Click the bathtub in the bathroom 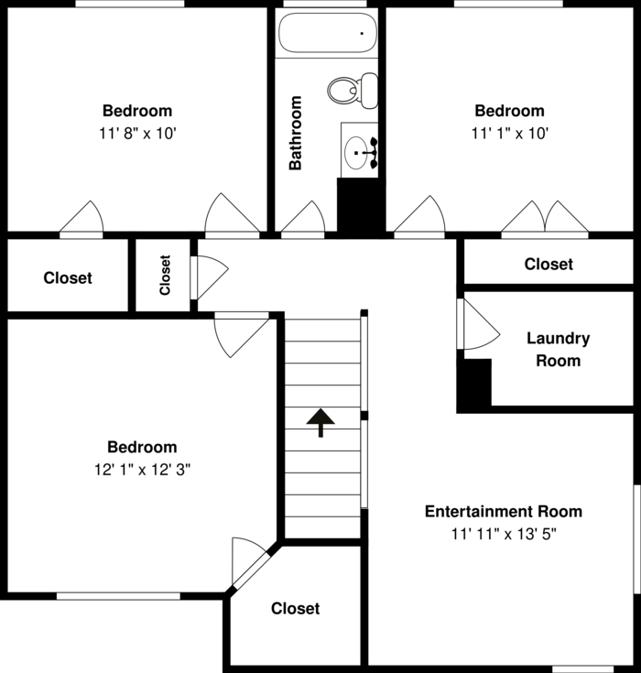tap(328, 33)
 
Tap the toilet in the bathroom tap(353, 91)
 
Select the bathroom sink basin tap(356, 153)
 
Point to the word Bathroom tap(296, 133)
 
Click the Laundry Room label tap(559, 350)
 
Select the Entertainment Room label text tap(504, 511)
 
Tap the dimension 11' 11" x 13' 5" tap(504, 535)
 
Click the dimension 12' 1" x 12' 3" tap(142, 470)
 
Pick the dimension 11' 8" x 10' tap(138, 134)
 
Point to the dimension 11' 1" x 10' tap(510, 134)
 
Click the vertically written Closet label tap(165, 275)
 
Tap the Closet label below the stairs tap(296, 608)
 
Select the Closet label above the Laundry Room tap(549, 264)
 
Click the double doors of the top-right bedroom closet tap(545, 219)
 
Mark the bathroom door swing tap(303, 219)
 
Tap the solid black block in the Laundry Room tap(474, 385)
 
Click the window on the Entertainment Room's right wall tap(637, 539)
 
